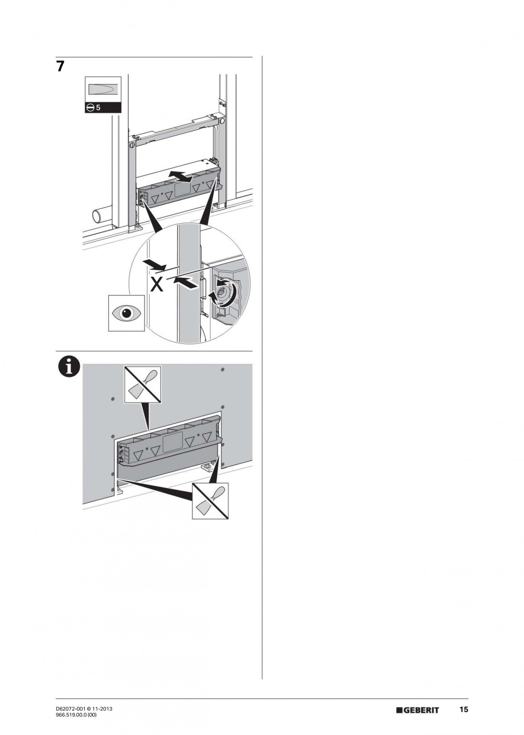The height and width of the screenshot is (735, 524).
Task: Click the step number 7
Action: click(x=60, y=67)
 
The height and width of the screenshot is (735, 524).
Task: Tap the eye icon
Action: click(x=126, y=313)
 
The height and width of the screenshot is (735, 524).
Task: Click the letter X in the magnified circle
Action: click(x=157, y=284)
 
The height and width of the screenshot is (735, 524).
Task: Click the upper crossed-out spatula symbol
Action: click(x=142, y=384)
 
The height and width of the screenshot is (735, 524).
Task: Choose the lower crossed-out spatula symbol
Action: click(x=210, y=500)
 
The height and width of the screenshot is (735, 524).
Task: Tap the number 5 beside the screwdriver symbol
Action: click(x=98, y=108)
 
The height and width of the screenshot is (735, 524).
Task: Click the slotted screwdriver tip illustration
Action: click(x=103, y=89)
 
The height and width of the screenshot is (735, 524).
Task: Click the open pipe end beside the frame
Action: click(x=97, y=217)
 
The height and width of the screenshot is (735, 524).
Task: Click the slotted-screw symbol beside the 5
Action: click(x=91, y=108)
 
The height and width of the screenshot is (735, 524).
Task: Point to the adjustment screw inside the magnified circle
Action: click(x=223, y=291)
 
